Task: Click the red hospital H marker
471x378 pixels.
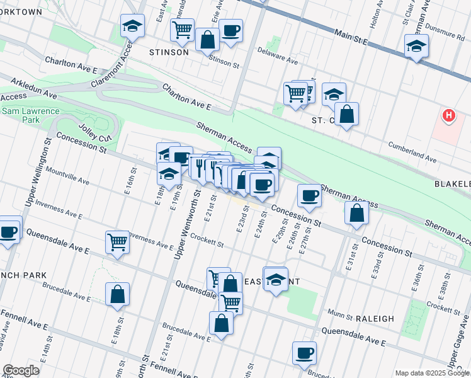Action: (x=448, y=116)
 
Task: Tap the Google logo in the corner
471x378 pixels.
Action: (x=21, y=370)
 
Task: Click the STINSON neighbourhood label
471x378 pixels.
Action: (x=168, y=52)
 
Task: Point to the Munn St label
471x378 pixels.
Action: (x=341, y=313)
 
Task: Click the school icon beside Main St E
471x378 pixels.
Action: (x=416, y=45)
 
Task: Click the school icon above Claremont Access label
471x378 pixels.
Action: (x=132, y=26)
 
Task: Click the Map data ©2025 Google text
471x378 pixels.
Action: (x=431, y=373)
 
